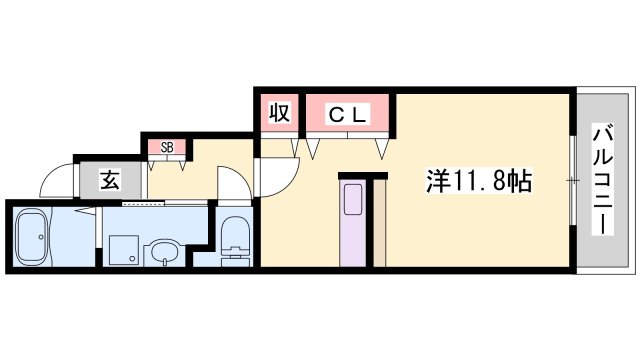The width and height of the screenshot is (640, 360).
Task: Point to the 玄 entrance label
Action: [x=109, y=181]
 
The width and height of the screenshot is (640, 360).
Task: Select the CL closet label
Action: [x=348, y=115]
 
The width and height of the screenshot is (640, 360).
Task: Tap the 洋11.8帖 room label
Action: [x=479, y=182]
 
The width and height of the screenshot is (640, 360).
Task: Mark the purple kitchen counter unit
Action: [x=354, y=225]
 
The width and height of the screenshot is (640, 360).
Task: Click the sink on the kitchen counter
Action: [x=354, y=199]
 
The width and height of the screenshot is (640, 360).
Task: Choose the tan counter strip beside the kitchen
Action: [x=379, y=222]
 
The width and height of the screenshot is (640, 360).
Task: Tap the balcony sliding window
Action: [x=573, y=180]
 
